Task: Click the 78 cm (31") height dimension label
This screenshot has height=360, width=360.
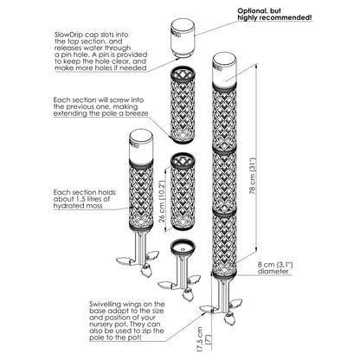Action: click(x=253, y=176)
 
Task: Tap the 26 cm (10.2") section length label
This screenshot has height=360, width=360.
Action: click(x=162, y=202)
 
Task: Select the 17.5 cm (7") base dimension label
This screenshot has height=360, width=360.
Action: click(x=202, y=339)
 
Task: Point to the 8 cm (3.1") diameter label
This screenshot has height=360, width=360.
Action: click(x=275, y=267)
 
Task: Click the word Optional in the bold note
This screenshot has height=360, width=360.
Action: click(x=251, y=11)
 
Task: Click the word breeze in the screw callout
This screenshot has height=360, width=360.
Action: click(x=138, y=113)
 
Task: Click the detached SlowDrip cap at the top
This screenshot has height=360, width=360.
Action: click(x=183, y=37)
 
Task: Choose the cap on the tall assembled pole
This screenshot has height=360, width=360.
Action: click(x=224, y=68)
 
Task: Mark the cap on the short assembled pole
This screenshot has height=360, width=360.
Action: click(x=141, y=146)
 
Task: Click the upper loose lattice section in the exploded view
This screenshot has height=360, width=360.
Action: click(x=183, y=106)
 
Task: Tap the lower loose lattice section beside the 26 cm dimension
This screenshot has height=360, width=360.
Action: click(x=183, y=191)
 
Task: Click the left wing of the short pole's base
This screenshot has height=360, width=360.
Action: click(x=124, y=260)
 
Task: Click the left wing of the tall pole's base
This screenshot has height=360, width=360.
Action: click(x=207, y=308)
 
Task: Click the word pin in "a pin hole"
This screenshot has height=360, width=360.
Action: click(x=64, y=55)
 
